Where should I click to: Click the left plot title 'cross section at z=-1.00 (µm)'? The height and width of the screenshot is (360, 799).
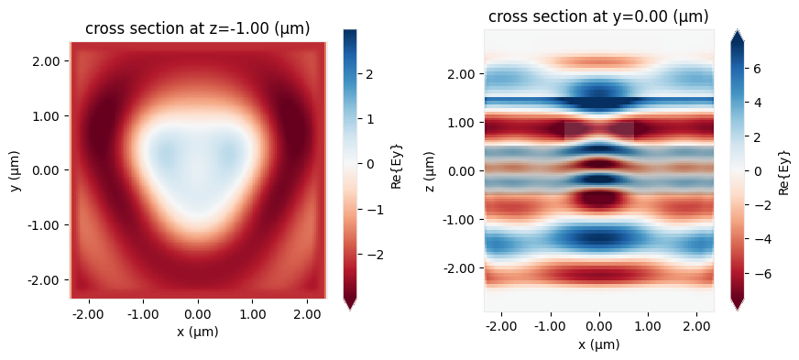pos(197,28)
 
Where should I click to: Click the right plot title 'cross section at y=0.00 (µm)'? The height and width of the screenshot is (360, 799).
pos(598,16)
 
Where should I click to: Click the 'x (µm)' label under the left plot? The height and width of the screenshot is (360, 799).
pos(197,332)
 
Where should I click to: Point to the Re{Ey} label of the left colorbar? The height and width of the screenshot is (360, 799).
pos(397,170)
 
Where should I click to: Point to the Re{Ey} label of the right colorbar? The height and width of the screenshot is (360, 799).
pos(783,170)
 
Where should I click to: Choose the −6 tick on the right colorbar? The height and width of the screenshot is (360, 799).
pos(760,273)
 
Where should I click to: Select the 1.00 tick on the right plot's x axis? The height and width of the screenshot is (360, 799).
pos(648,327)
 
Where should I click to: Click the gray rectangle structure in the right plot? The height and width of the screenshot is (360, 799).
pos(598,131)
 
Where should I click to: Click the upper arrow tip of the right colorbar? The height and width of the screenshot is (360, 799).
pos(739,32)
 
